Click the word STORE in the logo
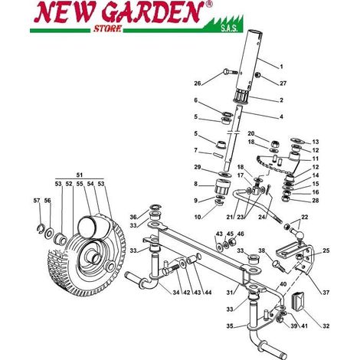107,28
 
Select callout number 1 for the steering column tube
281,67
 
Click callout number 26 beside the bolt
198,83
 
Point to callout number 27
283,83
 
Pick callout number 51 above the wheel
80,175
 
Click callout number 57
37,201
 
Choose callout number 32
326,326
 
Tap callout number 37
326,293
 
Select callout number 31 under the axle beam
230,293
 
